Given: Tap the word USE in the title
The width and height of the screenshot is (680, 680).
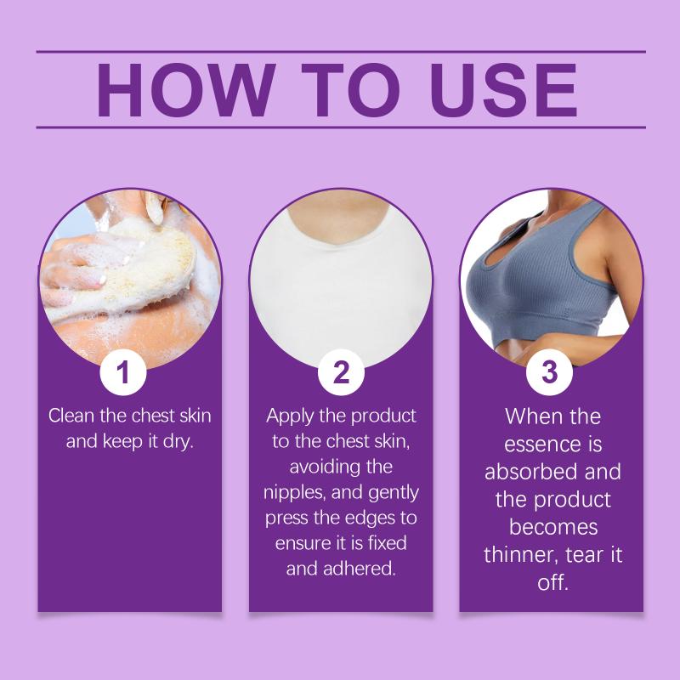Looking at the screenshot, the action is pos(503,90).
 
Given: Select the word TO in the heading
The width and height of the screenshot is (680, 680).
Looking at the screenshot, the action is pos(350,90).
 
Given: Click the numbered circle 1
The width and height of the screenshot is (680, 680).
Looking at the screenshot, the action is pos(123,371).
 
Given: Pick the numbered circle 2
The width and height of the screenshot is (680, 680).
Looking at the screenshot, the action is pos(341,371).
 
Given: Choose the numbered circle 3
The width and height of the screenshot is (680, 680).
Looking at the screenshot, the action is pos(549,371).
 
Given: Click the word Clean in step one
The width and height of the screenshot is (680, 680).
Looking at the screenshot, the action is pos(71,416).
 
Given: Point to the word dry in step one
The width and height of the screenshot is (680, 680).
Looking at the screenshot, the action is pos(178,441).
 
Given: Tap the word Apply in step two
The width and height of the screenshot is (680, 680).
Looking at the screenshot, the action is pos(290,416).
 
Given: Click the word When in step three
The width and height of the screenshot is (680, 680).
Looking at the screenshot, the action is pos(532,416).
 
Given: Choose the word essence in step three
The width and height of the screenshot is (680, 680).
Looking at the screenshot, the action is pos(537,445).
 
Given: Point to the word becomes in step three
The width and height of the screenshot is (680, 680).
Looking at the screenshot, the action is pos(553,527).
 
